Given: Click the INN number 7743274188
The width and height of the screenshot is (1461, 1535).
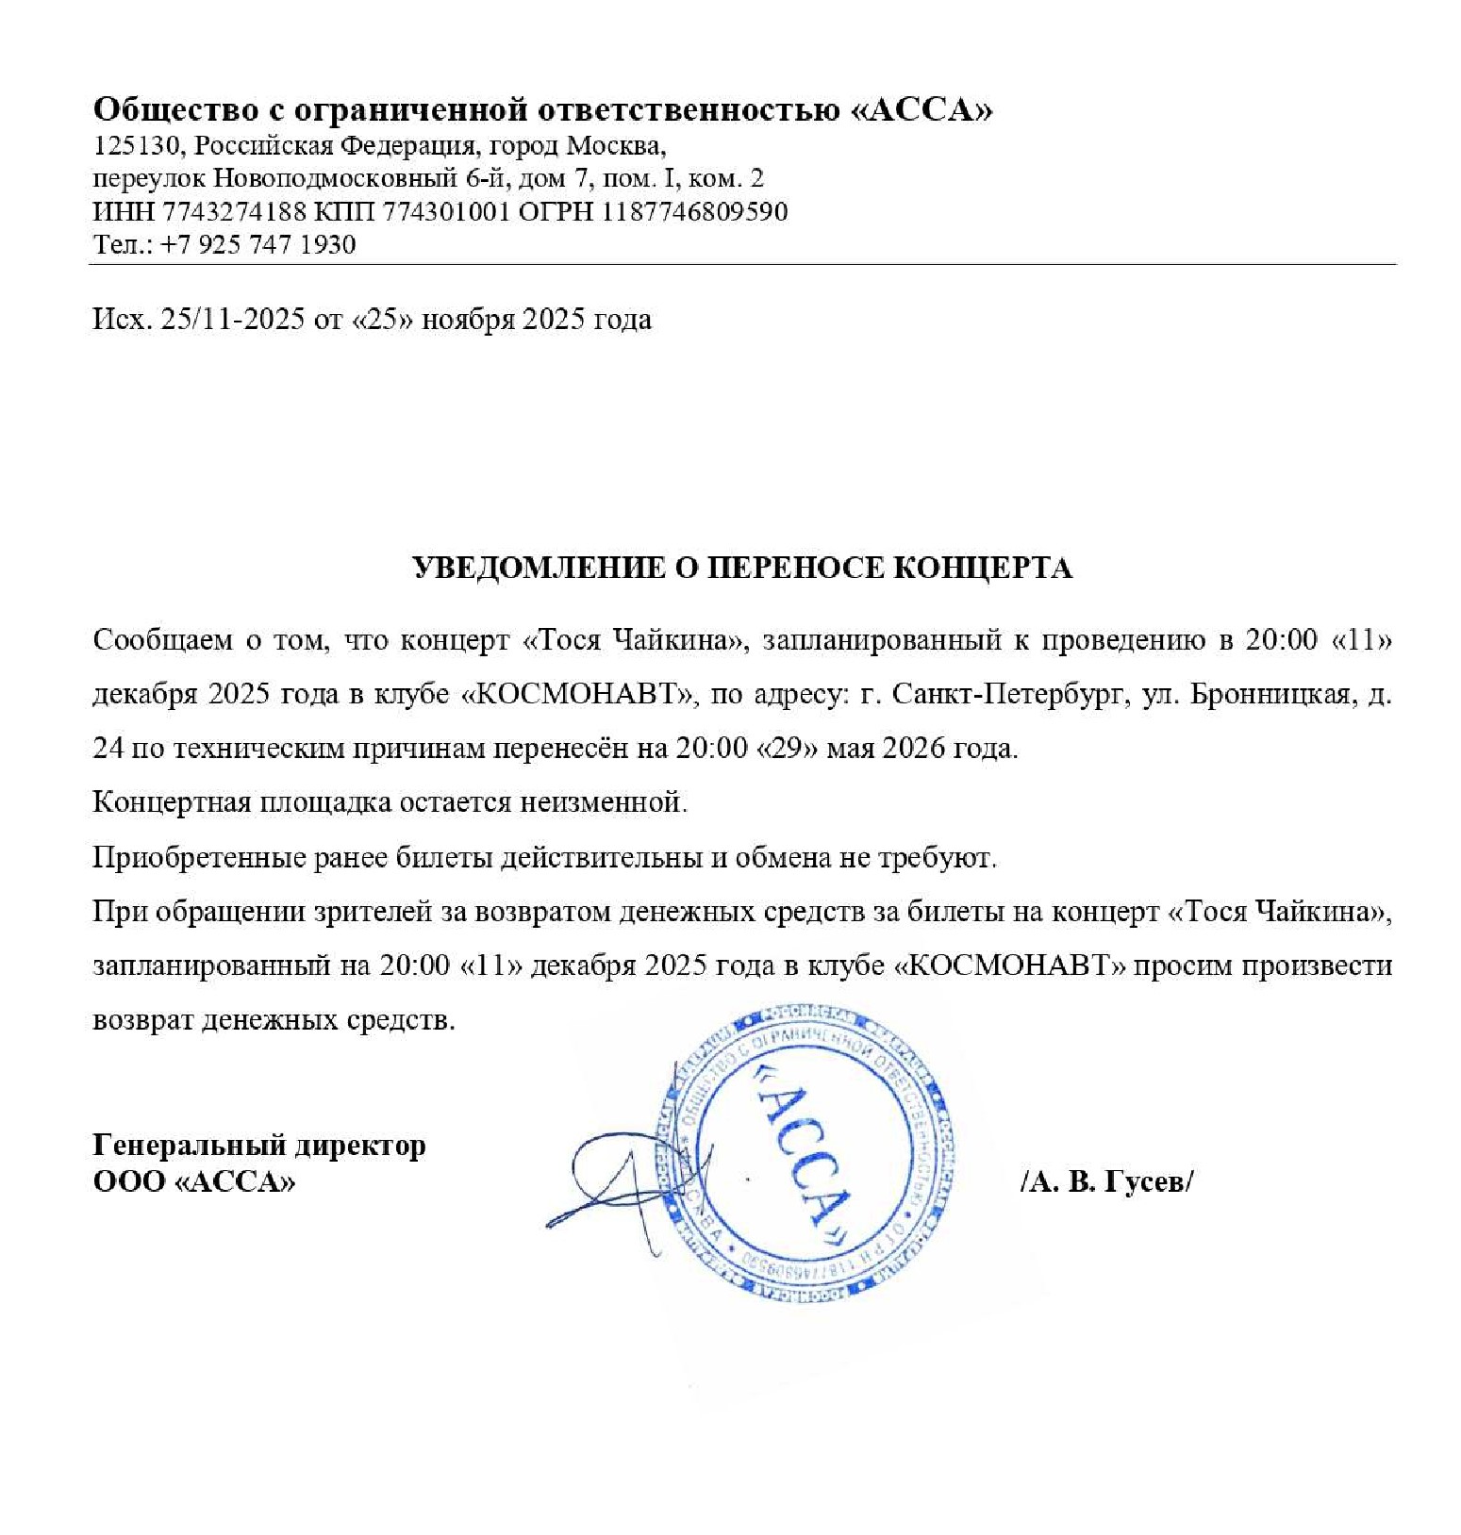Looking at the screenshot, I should point(235,211).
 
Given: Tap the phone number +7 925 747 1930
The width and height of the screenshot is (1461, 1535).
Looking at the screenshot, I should point(257,244).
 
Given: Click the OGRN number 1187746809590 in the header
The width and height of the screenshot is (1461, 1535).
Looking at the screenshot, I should point(694,211).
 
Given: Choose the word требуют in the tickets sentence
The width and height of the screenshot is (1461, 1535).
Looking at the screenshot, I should point(933,857).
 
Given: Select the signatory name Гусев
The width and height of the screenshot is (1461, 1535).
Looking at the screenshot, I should point(1146,1180).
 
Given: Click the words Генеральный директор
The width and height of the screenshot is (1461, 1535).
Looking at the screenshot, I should point(259,1145).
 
